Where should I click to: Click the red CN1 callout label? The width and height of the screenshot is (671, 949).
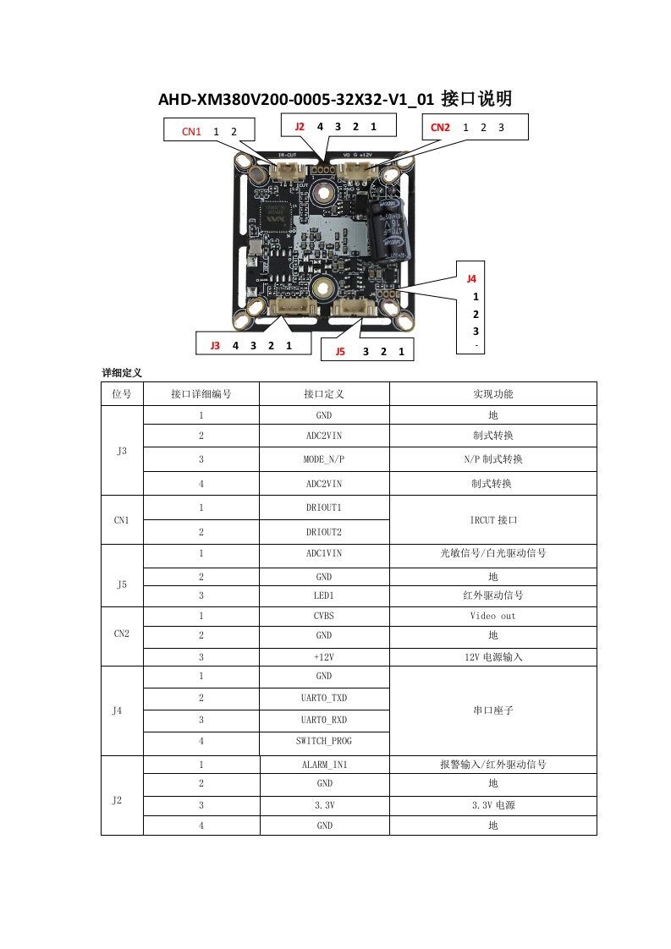[x=191, y=132]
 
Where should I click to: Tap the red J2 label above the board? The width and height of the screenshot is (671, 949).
[x=300, y=127]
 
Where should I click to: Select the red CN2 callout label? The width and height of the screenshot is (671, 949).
[x=440, y=128]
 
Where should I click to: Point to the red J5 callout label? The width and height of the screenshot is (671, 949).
[x=340, y=351]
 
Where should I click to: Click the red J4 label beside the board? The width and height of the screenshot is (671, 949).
[x=471, y=278]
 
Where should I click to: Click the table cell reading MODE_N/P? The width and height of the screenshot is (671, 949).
[x=324, y=459]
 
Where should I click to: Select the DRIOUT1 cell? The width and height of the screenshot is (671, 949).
[x=324, y=507]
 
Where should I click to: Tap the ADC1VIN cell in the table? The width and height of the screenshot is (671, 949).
[x=324, y=553]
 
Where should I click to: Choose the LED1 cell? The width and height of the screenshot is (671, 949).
[x=324, y=595]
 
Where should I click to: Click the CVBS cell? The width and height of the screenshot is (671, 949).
[x=324, y=616]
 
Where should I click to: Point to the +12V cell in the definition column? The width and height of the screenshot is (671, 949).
[x=324, y=656]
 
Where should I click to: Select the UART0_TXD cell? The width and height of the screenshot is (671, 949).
[x=324, y=698]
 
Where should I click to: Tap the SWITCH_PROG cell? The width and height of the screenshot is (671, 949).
[x=324, y=741]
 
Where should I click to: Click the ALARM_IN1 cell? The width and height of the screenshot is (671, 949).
[x=324, y=764]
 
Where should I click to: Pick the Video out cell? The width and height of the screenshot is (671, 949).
[x=492, y=616]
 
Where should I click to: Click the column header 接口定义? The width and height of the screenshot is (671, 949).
[x=324, y=394]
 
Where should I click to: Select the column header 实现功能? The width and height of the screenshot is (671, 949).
[x=492, y=394]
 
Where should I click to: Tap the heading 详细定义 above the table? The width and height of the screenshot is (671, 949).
[x=122, y=372]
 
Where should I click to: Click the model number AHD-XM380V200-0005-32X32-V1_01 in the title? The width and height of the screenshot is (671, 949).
[x=296, y=100]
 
